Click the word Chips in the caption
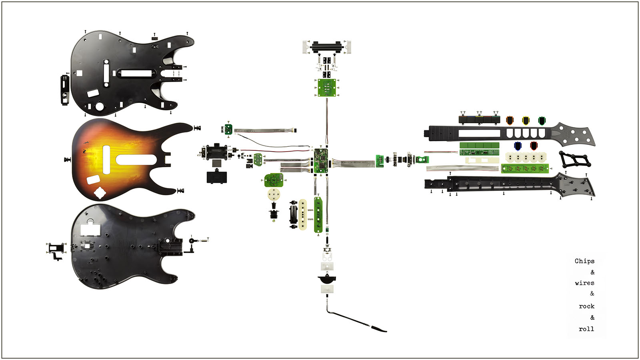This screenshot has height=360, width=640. click(584, 261)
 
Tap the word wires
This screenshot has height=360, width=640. click(584, 283)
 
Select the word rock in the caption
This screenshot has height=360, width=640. click(586, 306)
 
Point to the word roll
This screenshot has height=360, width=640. click(586, 329)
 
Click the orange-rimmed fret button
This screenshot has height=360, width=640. click(510, 120)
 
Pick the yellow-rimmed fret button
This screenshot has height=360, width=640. click(526, 120)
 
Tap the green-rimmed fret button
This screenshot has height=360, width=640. click(542, 121)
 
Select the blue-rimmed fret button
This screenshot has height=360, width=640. click(518, 146)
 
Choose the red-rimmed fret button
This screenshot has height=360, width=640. click(534, 146)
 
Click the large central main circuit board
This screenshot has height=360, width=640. click(321, 160)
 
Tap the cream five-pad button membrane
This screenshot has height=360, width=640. click(526, 157)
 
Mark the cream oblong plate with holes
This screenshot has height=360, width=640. click(302, 214)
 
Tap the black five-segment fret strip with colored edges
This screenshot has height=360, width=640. click(480, 120)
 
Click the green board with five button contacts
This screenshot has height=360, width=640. click(525, 168)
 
